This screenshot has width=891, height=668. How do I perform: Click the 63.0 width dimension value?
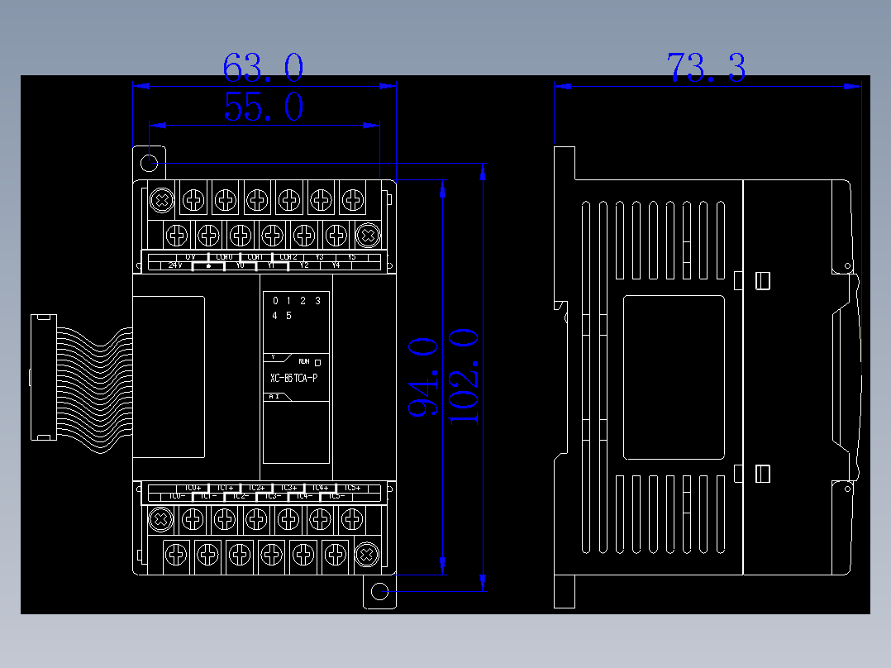click(263, 68)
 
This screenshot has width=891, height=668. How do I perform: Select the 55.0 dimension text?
click(263, 107)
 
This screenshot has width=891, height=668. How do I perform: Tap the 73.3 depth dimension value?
click(706, 68)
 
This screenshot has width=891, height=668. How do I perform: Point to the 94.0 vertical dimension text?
click(422, 376)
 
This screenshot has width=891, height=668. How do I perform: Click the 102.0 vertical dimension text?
click(464, 376)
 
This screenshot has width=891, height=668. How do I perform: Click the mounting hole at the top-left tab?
click(150, 162)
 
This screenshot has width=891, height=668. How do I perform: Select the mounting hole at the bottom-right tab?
click(379, 592)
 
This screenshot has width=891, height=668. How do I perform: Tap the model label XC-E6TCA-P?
click(293, 379)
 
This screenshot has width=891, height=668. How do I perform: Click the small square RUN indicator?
click(318, 362)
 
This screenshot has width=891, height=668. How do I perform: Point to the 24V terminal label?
click(174, 265)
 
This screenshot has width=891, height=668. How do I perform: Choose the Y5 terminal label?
click(351, 257)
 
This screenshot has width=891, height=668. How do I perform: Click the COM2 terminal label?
click(288, 257)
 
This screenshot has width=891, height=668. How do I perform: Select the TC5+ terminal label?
click(351, 488)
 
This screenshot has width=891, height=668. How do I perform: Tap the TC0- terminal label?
click(175, 496)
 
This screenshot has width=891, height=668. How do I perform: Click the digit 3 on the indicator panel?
click(317, 301)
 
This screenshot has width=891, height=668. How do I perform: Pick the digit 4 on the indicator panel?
click(275, 316)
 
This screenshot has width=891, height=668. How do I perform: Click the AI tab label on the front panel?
click(275, 397)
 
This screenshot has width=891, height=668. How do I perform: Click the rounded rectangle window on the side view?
click(674, 377)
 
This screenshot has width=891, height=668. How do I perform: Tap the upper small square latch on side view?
click(763, 281)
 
